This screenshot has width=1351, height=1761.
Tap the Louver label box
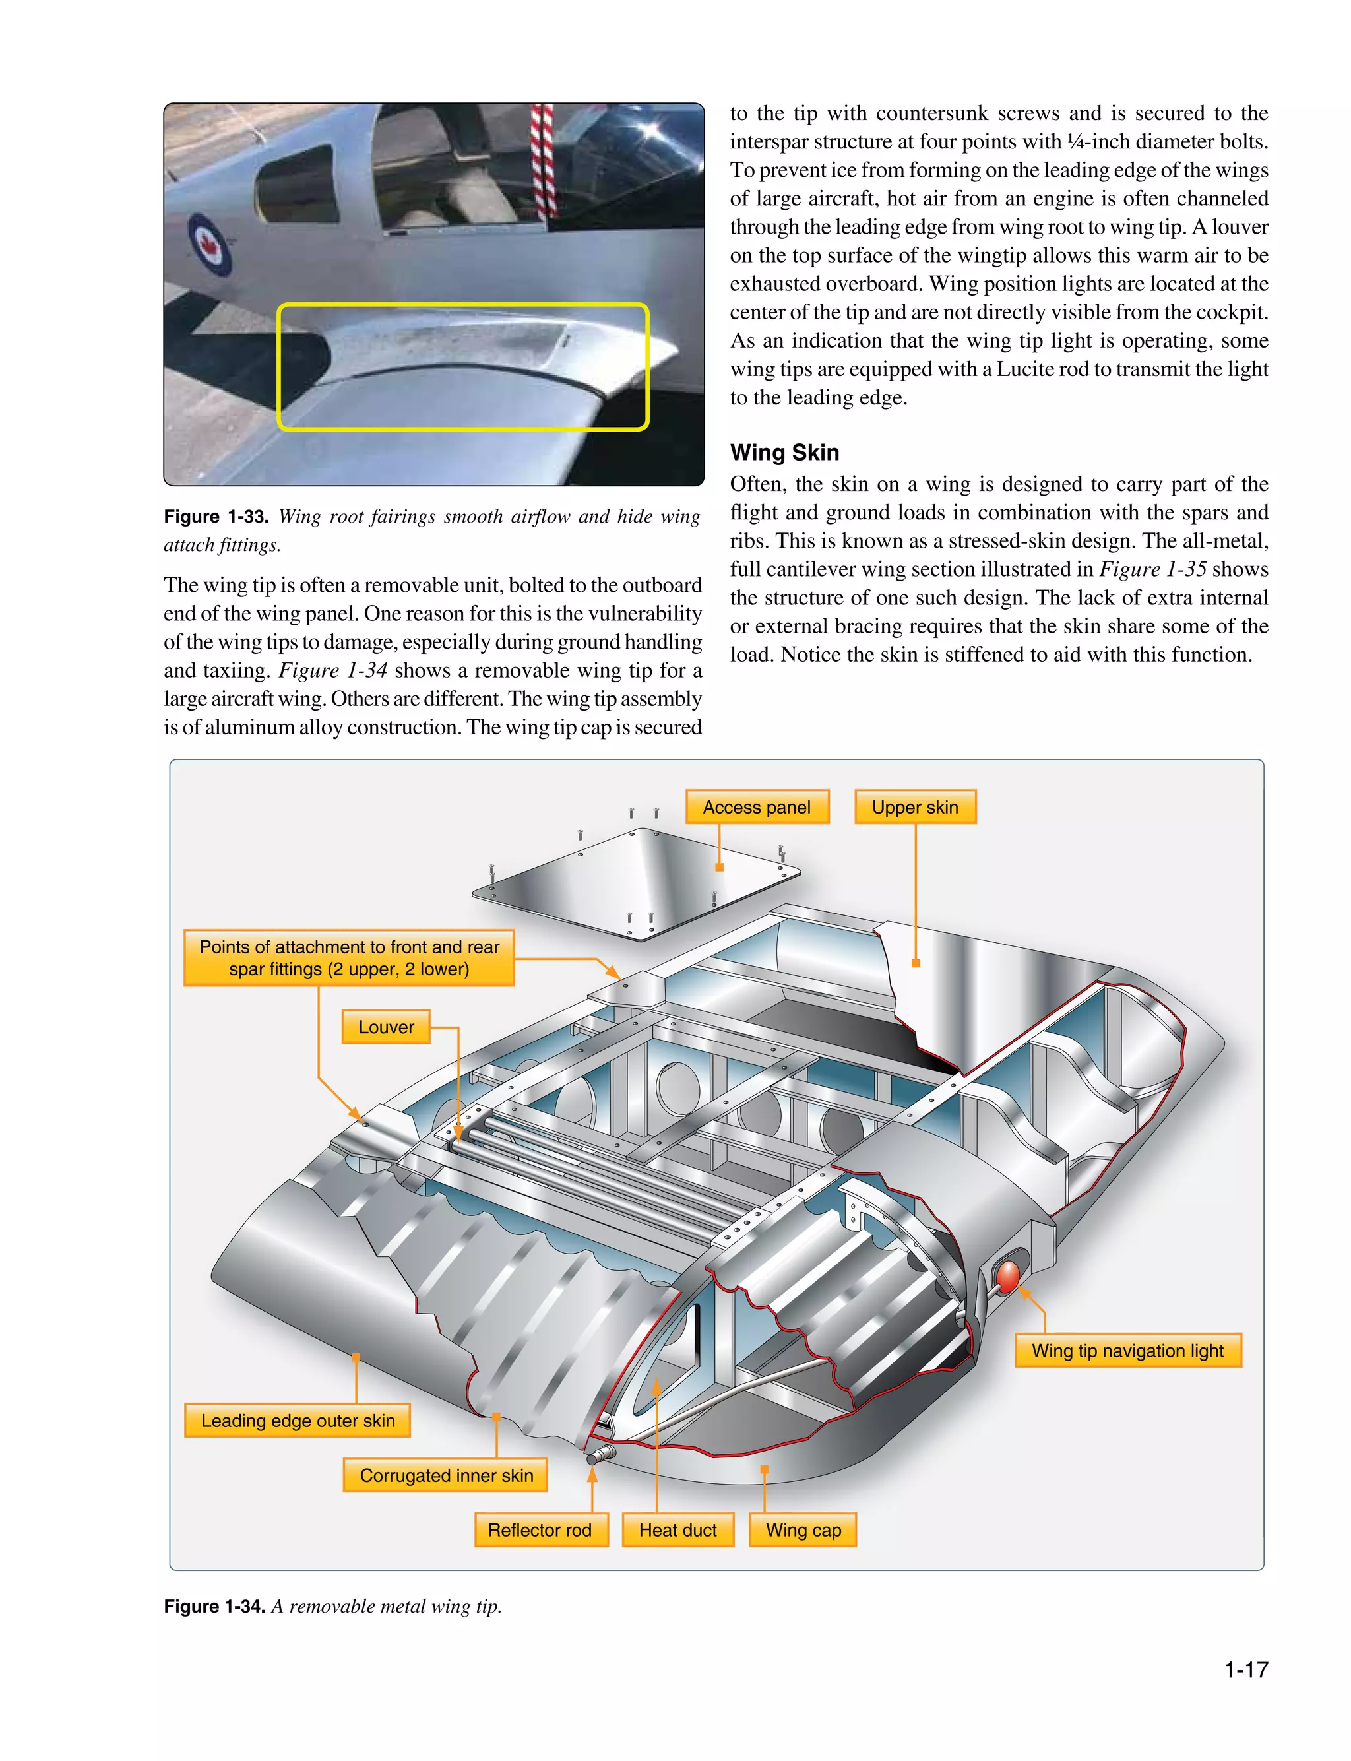click(386, 1027)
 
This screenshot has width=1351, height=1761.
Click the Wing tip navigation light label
click(1127, 1350)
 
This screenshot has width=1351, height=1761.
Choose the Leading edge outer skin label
click(298, 1420)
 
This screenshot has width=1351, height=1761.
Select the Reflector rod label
click(540, 1529)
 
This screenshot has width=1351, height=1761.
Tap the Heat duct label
click(678, 1529)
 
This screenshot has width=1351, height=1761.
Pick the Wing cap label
click(803, 1529)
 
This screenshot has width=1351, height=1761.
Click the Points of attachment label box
click(349, 957)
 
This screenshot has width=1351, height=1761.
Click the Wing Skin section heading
click(784, 452)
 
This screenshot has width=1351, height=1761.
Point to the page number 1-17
click(1245, 1669)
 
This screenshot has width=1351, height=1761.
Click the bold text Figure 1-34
click(214, 1606)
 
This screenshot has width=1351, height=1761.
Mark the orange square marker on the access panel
click(720, 867)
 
